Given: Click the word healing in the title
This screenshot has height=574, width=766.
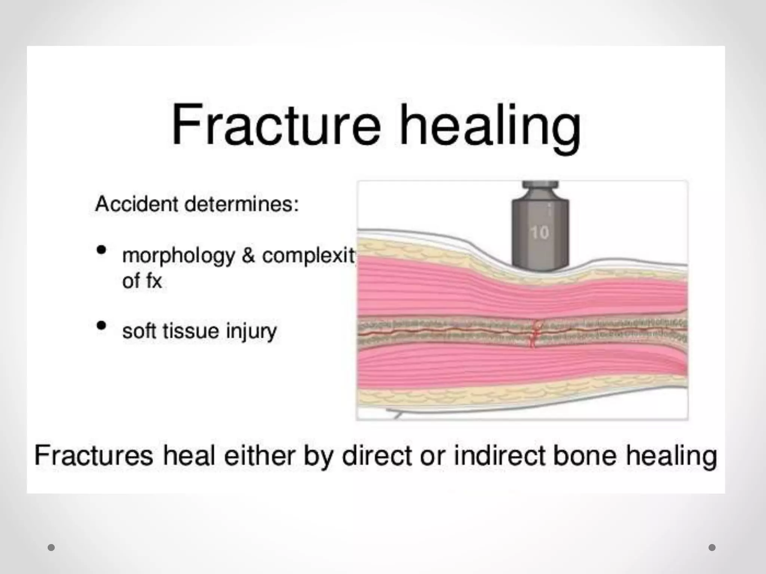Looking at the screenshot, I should pyautogui.click(x=490, y=127).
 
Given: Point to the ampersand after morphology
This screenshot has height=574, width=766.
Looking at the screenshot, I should pyautogui.click(x=248, y=256).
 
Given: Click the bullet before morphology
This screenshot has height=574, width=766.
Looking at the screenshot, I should pyautogui.click(x=101, y=250).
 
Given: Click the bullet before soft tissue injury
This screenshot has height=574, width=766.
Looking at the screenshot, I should pyautogui.click(x=101, y=325).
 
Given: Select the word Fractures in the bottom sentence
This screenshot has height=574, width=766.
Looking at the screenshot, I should pyautogui.click(x=94, y=456).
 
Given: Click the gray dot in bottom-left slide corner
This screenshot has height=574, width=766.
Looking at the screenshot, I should pyautogui.click(x=51, y=547).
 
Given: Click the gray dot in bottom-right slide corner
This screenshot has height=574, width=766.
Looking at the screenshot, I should pyautogui.click(x=712, y=547).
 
